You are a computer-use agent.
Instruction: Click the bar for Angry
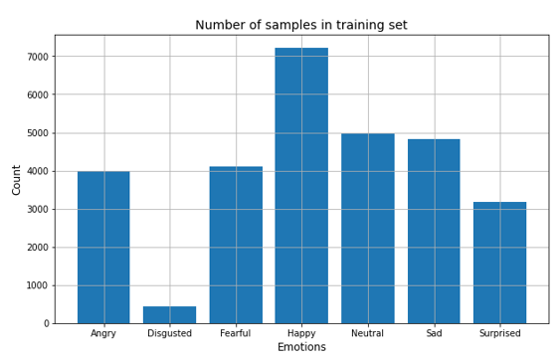point(103,248)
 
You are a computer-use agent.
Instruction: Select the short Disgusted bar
point(169,314)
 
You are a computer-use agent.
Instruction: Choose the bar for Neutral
point(367,229)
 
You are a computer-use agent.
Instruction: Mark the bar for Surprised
point(499,263)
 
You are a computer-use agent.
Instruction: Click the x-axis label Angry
point(103,333)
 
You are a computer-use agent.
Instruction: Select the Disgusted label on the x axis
point(169,333)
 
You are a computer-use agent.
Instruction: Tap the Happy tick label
point(301,333)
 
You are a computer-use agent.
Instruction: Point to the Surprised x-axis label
point(499,333)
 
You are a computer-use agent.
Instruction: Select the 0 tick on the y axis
point(45,324)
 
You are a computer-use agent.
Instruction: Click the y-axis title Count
point(16,179)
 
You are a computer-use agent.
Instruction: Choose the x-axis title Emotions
point(301,347)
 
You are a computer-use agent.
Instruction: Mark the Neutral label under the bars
point(367,333)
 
